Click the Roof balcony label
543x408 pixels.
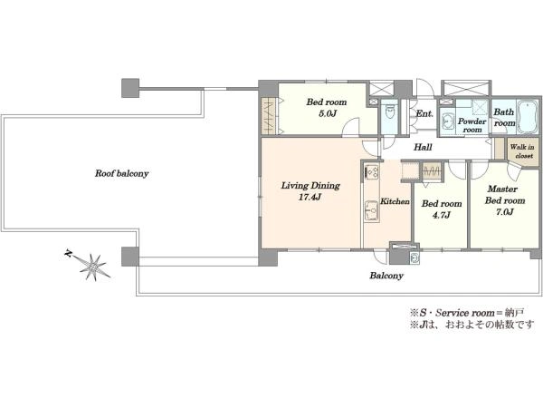[121, 173]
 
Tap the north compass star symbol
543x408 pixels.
[90, 266]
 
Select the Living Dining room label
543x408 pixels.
[310, 186]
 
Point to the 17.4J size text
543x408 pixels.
[310, 198]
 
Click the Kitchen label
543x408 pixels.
[395, 201]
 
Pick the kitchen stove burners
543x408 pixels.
[372, 172]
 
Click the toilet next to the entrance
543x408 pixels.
[390, 114]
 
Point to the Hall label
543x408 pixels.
[423, 147]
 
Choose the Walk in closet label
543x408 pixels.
[522, 151]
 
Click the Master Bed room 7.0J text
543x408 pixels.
[504, 200]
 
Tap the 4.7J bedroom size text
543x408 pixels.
[441, 215]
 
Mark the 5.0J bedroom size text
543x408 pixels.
[326, 113]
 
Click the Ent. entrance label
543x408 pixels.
[424, 113]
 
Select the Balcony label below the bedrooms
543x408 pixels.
[386, 276]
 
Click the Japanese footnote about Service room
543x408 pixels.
[467, 313]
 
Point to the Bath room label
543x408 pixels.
[504, 118]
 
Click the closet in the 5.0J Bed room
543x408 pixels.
[269, 116]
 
